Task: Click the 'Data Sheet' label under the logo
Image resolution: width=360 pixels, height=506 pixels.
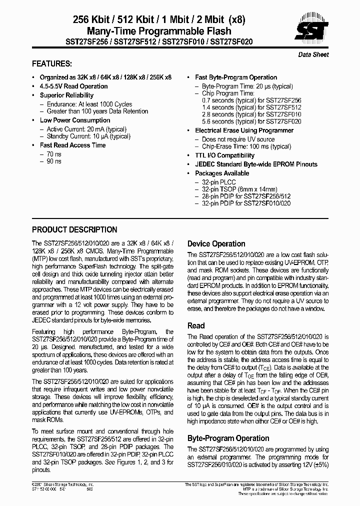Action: click(313, 54)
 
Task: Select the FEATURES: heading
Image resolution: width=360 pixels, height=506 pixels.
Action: click(52, 64)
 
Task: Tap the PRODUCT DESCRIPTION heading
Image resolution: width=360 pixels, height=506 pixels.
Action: click(74, 230)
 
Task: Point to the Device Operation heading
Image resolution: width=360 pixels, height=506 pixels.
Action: click(216, 244)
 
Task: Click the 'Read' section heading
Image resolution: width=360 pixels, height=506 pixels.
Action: click(196, 325)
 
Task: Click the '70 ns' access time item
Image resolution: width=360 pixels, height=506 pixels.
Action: click(54, 154)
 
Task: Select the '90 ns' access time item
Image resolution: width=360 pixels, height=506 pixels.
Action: click(54, 161)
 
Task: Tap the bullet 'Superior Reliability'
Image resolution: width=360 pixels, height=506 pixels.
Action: click(66, 95)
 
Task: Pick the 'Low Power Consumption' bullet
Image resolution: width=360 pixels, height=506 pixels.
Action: click(75, 120)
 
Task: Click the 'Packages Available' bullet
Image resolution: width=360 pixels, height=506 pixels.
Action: click(221, 173)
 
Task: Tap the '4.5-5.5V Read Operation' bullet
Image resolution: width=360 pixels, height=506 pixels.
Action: click(73, 86)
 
